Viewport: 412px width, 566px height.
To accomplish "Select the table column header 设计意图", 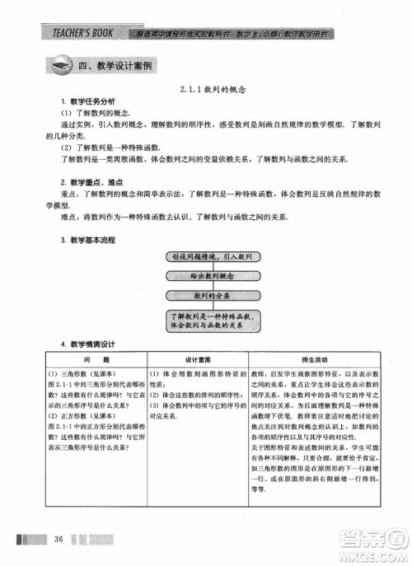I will (198, 361).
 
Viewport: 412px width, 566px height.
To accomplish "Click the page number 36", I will (59, 540).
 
